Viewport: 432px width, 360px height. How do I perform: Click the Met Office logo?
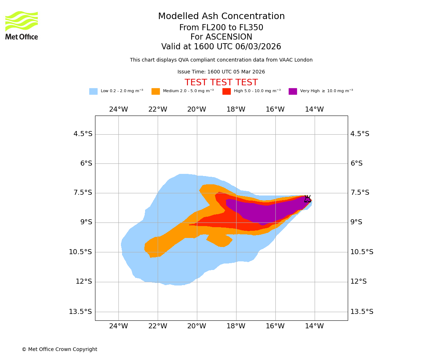(22, 25)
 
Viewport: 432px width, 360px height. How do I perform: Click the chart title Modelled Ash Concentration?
(221, 17)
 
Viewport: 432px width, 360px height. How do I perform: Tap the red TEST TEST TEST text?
(221, 83)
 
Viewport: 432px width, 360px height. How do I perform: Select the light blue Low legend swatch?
(93, 91)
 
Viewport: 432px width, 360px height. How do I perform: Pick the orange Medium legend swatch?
(156, 91)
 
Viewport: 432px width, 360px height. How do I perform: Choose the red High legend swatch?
(226, 91)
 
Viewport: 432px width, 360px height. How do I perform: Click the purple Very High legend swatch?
(293, 91)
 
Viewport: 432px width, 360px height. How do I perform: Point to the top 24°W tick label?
(118, 109)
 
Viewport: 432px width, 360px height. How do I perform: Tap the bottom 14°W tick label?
(314, 326)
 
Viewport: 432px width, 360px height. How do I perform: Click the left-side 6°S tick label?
(86, 163)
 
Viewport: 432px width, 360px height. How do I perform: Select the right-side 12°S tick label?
(358, 282)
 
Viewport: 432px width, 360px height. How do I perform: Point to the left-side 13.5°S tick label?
(80, 312)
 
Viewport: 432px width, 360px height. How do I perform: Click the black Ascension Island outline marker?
(307, 199)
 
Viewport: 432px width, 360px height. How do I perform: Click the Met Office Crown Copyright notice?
(59, 350)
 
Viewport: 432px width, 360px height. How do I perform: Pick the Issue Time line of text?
(221, 72)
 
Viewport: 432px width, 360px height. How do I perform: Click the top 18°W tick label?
(236, 109)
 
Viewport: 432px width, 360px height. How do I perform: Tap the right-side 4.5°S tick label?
(360, 134)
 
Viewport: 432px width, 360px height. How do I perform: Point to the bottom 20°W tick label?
(197, 326)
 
